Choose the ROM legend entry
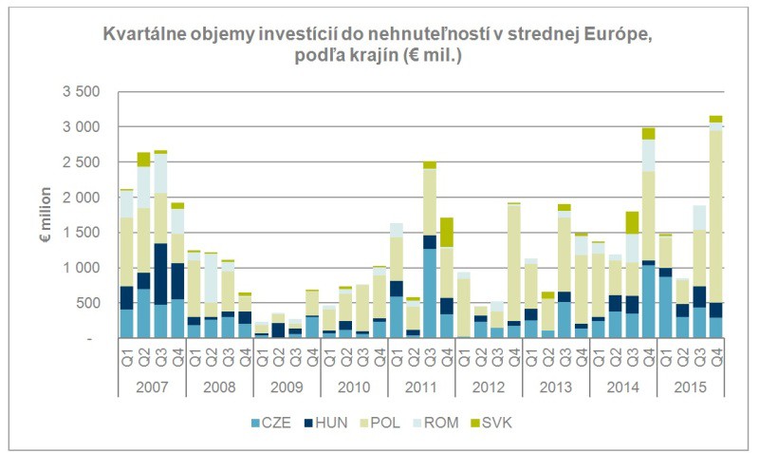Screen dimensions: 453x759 tap(458, 422)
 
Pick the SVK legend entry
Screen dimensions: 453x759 tap(520, 422)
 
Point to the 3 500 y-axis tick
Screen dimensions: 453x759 tap(81, 92)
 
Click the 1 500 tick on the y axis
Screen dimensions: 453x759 tap(81, 233)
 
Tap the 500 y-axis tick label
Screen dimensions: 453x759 tap(87, 303)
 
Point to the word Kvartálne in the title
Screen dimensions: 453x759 tap(144, 34)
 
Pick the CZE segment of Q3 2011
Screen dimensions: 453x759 tap(430, 293)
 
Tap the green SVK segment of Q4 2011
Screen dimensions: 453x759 tap(447, 233)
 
